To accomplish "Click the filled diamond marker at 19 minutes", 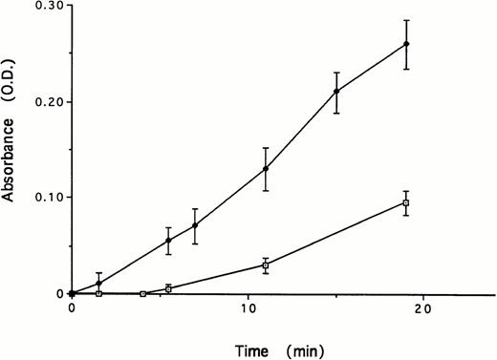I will pos(406,44).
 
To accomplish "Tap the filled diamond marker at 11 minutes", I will pos(265,169).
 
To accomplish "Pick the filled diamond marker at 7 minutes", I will pos(195,225).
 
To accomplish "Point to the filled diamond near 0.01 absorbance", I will pos(98,284).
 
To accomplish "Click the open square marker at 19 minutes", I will pos(406,202).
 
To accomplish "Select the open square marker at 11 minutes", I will pos(265,265).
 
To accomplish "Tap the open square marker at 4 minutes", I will pos(142,293).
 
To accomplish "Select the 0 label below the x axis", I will pos(71,309).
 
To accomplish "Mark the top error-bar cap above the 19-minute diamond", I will pos(406,20).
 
